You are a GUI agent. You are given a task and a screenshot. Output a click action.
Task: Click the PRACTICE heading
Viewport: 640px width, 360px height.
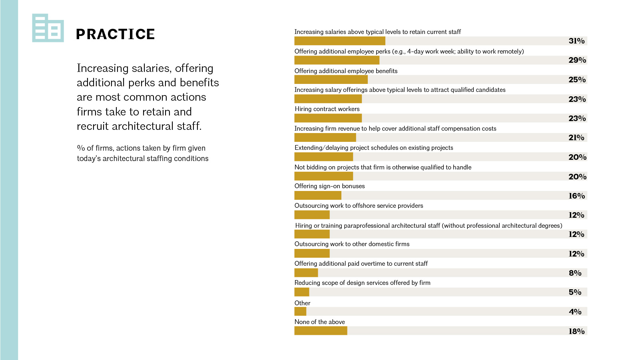click(116, 34)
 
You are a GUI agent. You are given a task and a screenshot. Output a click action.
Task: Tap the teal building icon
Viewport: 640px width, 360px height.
click(48, 28)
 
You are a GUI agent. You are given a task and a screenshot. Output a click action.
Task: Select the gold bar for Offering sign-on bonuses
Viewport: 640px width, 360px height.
click(318, 195)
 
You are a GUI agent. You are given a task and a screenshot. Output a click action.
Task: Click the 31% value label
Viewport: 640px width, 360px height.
click(576, 41)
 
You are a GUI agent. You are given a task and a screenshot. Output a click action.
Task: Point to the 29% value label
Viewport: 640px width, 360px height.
click(577, 60)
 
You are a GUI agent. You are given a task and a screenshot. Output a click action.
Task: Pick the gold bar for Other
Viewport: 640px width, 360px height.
click(300, 311)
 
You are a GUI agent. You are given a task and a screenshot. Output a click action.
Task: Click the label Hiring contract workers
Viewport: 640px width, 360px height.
click(327, 109)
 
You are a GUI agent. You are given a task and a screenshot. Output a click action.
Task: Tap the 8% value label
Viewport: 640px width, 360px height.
click(575, 273)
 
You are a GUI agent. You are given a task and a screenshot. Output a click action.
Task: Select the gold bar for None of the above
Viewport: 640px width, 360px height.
click(321, 330)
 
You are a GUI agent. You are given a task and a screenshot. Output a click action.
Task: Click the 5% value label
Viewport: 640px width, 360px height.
click(575, 292)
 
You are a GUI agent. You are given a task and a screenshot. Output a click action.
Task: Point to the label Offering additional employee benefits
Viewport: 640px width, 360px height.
click(346, 71)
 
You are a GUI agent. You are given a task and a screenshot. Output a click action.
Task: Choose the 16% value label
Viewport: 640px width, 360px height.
click(576, 196)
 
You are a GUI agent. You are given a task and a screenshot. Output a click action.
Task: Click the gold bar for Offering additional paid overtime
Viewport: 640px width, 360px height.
click(306, 272)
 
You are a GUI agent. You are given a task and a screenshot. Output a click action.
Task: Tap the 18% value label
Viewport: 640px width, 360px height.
click(576, 331)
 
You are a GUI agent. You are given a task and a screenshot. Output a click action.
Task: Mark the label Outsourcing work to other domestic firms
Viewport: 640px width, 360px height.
click(352, 244)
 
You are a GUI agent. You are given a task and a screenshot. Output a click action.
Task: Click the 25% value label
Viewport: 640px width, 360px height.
click(577, 80)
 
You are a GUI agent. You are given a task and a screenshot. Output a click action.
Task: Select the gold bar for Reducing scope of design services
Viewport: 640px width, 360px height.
click(302, 292)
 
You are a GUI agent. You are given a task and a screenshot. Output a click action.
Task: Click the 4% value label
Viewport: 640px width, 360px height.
click(575, 312)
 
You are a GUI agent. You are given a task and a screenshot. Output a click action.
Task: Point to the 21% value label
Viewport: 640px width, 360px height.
click(576, 137)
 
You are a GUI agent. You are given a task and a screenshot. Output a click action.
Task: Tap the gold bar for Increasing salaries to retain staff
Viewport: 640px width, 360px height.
click(340, 40)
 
